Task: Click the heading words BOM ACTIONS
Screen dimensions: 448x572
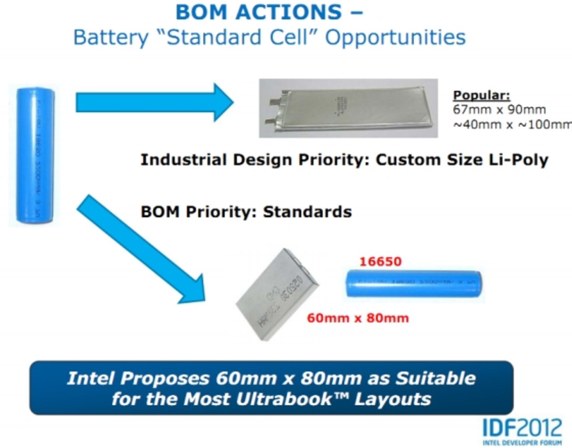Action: pyautogui.click(x=259, y=12)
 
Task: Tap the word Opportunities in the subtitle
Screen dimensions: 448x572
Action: pyautogui.click(x=395, y=37)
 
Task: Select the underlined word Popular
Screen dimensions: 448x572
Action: pyautogui.click(x=481, y=95)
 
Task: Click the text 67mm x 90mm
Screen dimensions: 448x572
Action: pyautogui.click(x=499, y=109)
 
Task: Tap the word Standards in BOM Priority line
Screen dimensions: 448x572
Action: pyautogui.click(x=307, y=211)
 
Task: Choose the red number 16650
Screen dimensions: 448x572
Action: pyautogui.click(x=380, y=261)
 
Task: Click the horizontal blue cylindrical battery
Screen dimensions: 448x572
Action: pyautogui.click(x=414, y=284)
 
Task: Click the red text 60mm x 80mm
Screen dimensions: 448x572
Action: pyautogui.click(x=357, y=318)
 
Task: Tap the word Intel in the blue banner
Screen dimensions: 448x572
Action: pyautogui.click(x=90, y=378)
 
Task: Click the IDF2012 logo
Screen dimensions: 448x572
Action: pyautogui.click(x=522, y=427)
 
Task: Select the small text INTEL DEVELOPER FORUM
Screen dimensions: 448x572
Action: pyautogui.click(x=522, y=443)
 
